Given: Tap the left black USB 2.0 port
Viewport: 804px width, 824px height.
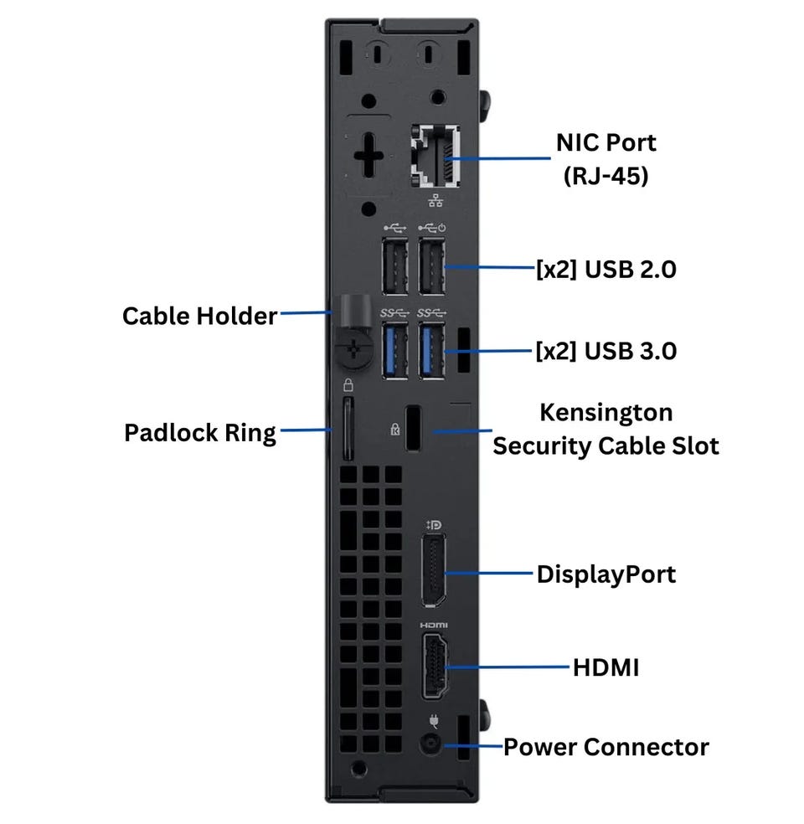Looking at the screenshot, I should pos(394,267).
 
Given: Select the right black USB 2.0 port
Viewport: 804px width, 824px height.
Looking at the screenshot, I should pos(431,267).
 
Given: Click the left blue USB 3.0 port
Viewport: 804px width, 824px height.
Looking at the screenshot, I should pos(394,351).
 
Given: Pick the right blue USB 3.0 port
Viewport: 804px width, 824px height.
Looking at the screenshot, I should pos(431,351).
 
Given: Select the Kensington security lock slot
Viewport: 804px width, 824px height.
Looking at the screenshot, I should pos(414,429).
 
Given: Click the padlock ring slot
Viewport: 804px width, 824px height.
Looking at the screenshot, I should pos(348,429).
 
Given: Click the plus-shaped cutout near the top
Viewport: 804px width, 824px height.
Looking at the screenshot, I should pos(368,157).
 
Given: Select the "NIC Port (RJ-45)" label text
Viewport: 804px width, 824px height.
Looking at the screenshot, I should pos(606,159).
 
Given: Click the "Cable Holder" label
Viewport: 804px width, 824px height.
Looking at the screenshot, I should pos(199,316).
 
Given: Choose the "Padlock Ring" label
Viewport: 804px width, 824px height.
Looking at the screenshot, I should pos(199,433).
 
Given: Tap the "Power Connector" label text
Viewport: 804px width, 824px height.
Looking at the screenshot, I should pos(606,747).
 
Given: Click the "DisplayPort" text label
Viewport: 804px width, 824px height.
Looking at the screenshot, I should pos(606,574).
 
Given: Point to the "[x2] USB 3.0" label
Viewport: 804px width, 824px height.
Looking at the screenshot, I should pos(606,351).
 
